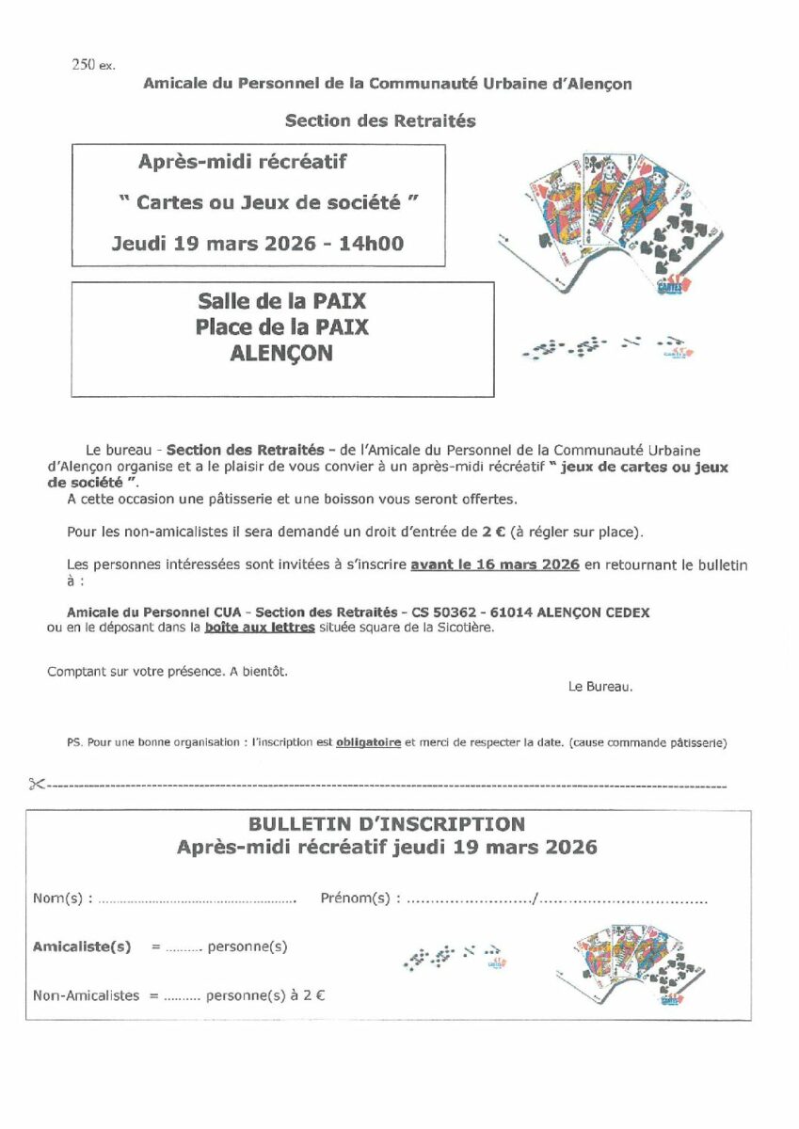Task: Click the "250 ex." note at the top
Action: (93, 65)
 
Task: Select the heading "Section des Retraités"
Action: (380, 120)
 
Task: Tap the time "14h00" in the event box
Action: (372, 244)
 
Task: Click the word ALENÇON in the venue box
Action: (282, 353)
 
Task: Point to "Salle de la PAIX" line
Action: (282, 302)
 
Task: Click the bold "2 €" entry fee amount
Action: (494, 532)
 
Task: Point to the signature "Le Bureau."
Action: (600, 687)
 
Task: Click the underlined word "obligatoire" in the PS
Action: (368, 742)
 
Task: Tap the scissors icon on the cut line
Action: (37, 784)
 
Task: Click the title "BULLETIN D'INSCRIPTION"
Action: (387, 824)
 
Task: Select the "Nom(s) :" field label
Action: (62, 898)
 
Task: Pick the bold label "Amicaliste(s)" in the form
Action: (82, 946)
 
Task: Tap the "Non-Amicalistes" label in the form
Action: (86, 994)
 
